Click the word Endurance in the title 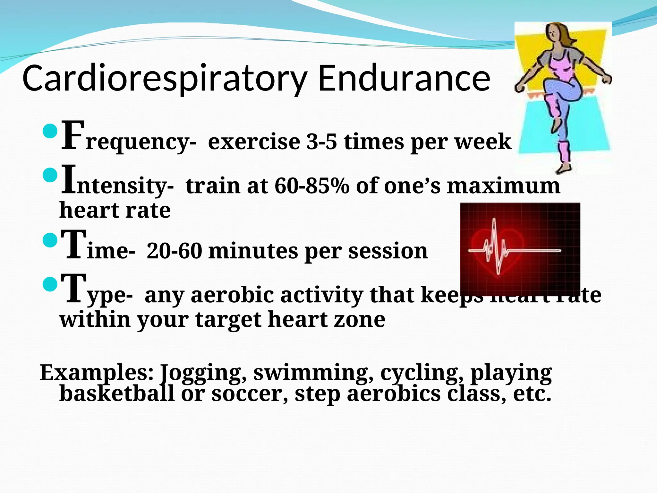click(404, 78)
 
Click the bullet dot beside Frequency click(50, 131)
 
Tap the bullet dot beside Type click(50, 284)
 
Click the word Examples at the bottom click(96, 373)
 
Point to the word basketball click(117, 394)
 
